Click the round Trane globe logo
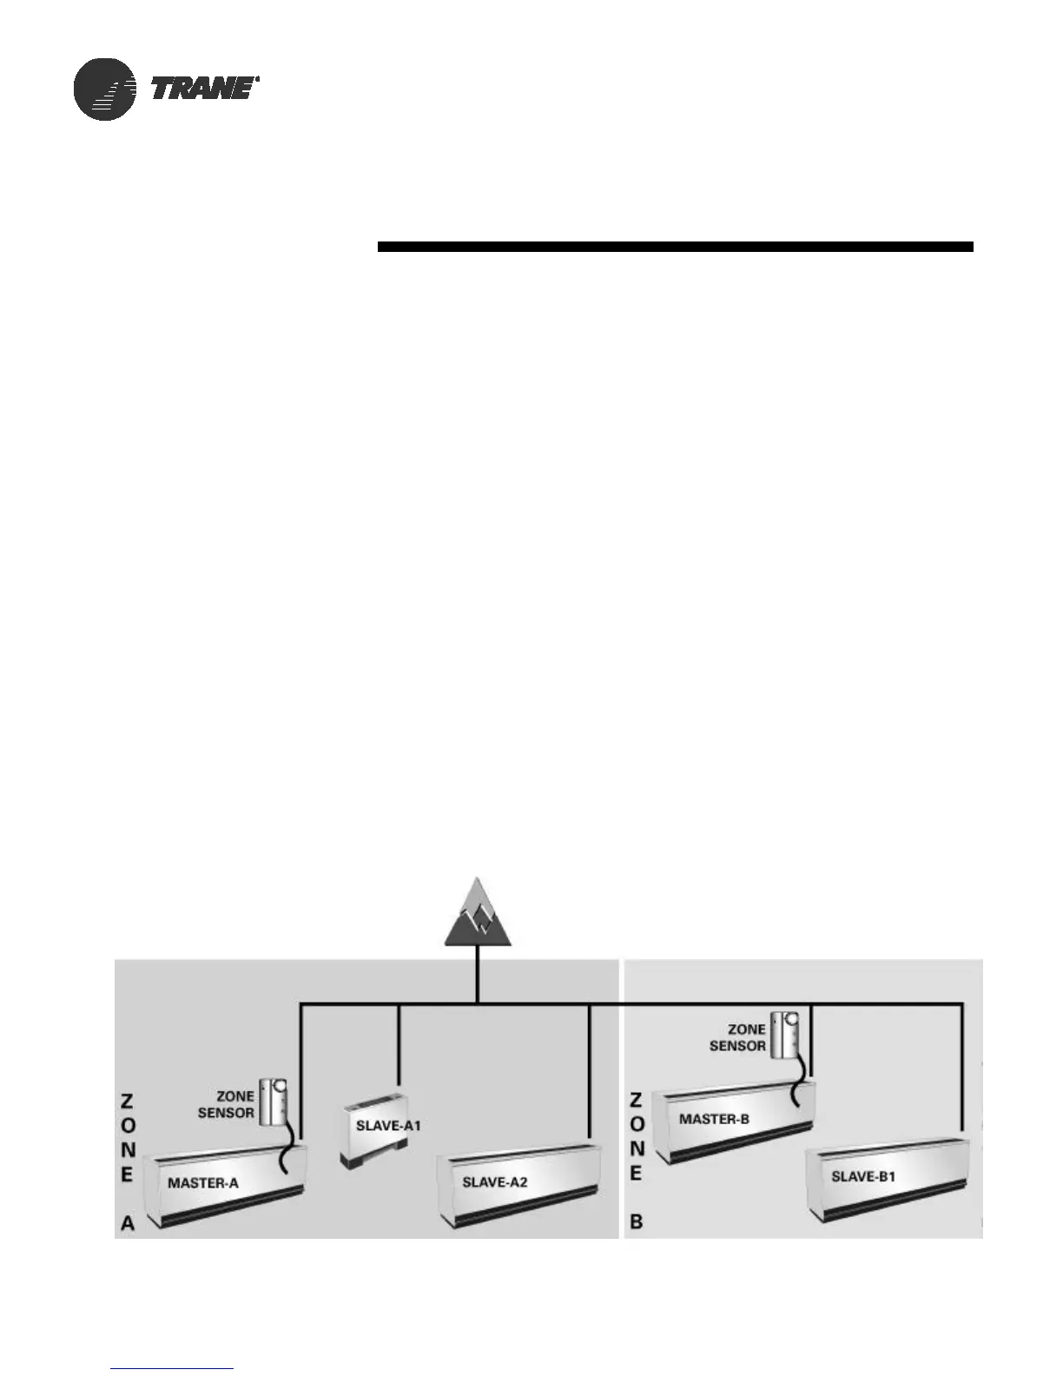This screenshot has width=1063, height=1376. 105,89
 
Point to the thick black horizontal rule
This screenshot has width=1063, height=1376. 675,247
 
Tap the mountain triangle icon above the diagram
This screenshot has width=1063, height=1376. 478,913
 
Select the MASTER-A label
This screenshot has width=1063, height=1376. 202,1182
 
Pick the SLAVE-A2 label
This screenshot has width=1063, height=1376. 494,1182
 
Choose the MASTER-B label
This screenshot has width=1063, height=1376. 714,1119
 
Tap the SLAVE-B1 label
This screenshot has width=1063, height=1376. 863,1177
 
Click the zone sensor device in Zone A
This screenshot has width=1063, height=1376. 276,1101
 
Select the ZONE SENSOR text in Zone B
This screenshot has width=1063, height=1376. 737,1038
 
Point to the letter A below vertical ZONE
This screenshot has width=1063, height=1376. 128,1223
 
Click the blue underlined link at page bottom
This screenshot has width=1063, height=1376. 172,1368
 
